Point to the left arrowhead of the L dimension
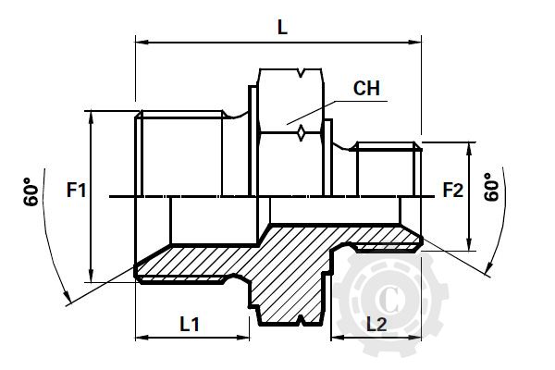(142, 41)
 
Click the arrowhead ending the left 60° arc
(68, 298)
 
